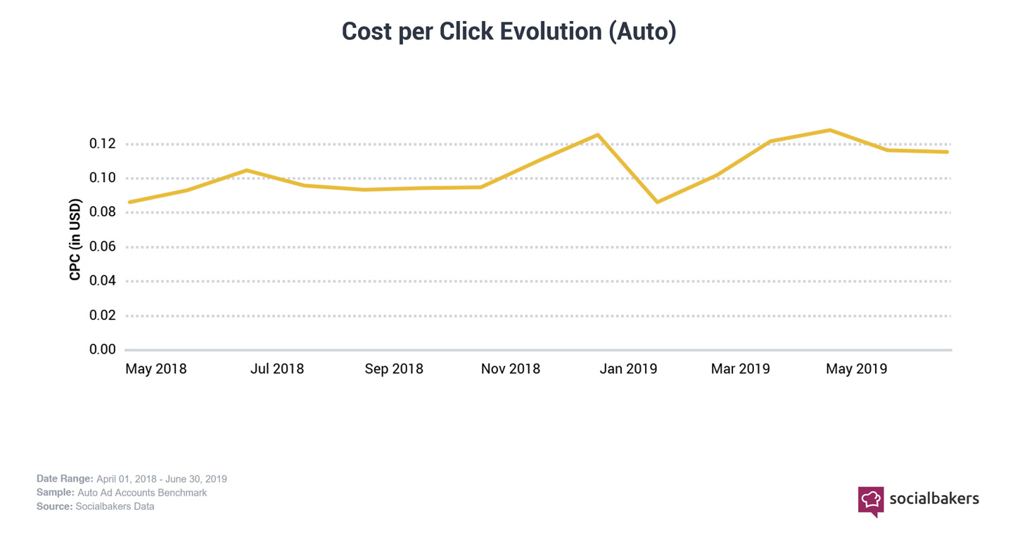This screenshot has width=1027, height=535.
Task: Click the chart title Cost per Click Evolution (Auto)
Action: [x=509, y=32]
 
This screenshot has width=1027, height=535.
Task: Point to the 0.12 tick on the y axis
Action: [x=103, y=144]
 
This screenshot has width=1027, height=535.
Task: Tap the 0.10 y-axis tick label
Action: [x=103, y=178]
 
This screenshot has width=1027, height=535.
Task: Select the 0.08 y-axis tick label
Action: [x=103, y=212]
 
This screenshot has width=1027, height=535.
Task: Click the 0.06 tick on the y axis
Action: [x=103, y=247]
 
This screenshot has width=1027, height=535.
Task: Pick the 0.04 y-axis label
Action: [x=103, y=281]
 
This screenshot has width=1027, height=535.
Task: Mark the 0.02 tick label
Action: [x=103, y=315]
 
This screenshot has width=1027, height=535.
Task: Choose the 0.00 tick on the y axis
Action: [x=103, y=349]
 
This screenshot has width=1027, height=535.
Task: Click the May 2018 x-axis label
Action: [x=156, y=369]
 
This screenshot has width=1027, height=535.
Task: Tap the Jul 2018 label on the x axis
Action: [x=277, y=369]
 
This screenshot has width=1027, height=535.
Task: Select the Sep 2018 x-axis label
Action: [x=394, y=369]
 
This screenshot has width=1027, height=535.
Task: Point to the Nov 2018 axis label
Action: [x=511, y=369]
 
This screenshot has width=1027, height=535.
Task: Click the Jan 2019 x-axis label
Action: [x=628, y=369]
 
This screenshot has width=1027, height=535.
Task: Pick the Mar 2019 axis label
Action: [x=740, y=369]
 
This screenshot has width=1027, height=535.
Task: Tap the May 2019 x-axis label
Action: [x=856, y=369]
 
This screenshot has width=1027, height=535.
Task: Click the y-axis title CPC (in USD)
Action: [x=75, y=240]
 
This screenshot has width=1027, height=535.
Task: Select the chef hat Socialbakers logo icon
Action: [x=871, y=501]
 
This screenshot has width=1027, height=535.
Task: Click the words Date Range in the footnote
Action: [x=65, y=479]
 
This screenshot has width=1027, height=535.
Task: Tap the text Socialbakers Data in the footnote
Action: [x=115, y=506]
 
